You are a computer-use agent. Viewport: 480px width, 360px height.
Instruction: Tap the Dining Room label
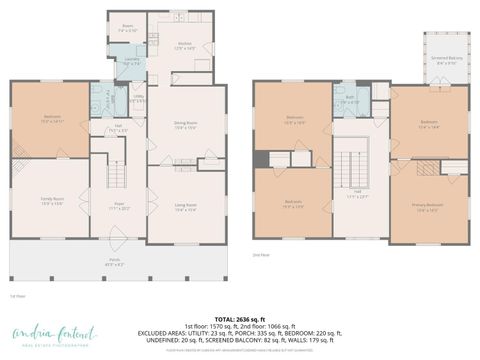186,125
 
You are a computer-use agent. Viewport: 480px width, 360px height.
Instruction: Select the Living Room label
186,208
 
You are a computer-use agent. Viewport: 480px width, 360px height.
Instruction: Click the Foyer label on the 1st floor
118,208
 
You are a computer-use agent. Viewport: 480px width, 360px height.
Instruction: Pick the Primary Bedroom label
427,208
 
